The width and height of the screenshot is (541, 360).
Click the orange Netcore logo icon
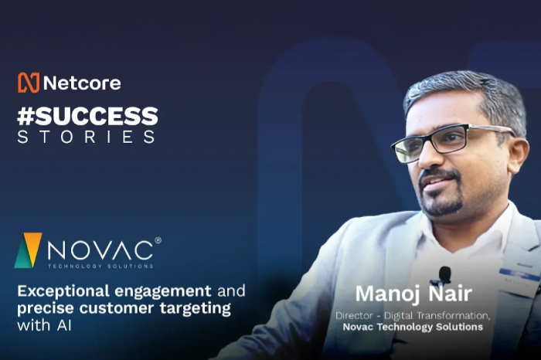(28, 83)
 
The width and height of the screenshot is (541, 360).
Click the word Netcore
(81, 83)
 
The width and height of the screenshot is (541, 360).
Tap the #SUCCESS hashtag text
(87, 117)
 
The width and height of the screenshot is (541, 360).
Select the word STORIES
(86, 138)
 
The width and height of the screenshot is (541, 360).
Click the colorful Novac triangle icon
(28, 250)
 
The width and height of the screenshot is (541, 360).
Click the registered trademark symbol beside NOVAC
(158, 240)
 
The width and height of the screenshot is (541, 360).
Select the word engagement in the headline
(163, 291)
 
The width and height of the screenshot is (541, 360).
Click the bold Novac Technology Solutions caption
(413, 327)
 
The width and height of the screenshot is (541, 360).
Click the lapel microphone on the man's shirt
(444, 274)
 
